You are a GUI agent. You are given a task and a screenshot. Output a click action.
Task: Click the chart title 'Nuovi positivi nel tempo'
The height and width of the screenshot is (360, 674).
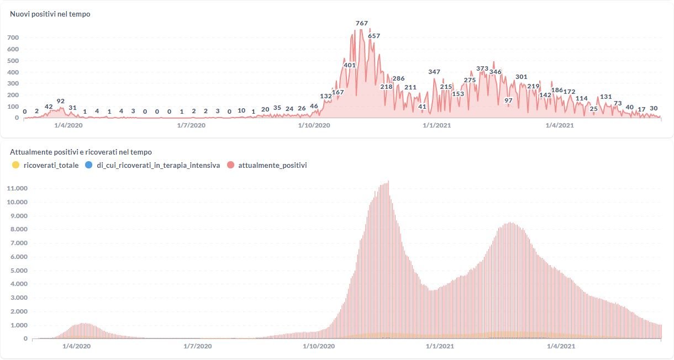(50, 14)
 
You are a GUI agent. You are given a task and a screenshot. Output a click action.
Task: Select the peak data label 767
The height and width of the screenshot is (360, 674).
(362, 23)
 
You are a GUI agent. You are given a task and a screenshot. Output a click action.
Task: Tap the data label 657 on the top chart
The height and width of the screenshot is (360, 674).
(374, 36)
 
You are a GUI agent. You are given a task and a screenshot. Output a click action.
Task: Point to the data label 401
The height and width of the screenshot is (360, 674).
(350, 65)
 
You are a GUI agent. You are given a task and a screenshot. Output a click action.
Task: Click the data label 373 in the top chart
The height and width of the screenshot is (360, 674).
(482, 68)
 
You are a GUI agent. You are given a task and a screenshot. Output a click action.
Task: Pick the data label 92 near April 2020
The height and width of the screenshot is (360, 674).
(61, 101)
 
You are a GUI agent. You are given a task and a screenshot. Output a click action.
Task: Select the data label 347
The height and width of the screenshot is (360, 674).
(434, 72)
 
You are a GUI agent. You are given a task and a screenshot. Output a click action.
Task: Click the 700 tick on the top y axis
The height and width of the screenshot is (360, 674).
(12, 38)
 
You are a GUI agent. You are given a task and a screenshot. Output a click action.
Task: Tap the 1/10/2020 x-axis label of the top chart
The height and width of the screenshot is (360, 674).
(314, 126)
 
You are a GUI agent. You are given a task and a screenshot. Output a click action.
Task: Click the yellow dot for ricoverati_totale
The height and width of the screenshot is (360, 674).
(15, 165)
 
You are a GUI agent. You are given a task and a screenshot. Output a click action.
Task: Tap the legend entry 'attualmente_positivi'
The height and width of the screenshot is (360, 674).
(272, 165)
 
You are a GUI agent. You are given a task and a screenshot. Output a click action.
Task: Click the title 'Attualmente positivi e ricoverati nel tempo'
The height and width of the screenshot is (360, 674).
(81, 152)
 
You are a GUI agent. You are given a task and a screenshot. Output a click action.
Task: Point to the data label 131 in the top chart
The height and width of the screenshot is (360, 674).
(606, 97)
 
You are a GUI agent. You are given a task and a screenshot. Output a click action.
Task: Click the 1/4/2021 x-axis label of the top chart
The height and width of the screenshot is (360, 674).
(559, 126)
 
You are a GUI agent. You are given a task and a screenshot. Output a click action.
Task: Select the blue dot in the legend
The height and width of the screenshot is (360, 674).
(88, 165)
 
